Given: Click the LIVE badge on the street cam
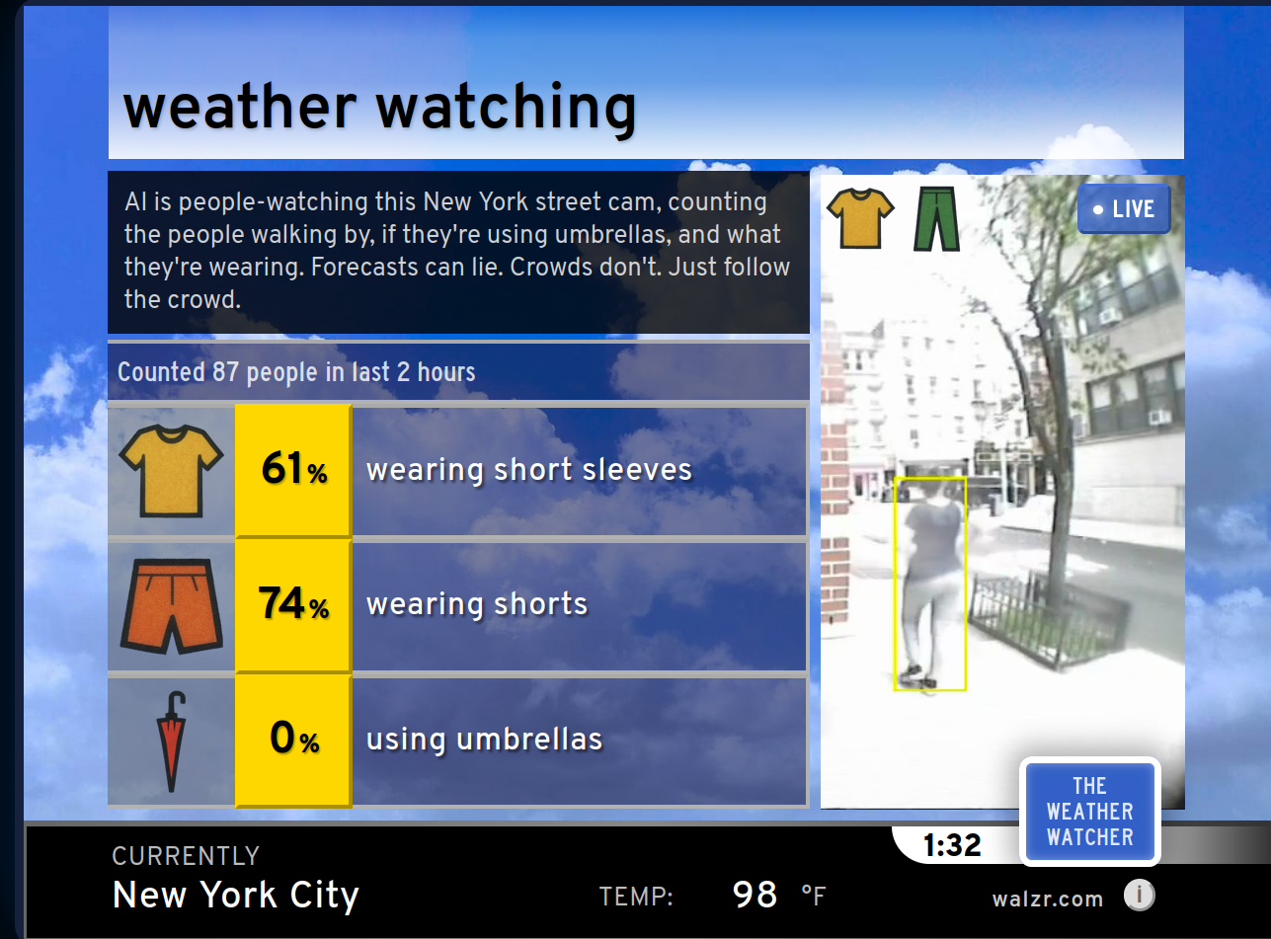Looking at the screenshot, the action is click(x=1123, y=209).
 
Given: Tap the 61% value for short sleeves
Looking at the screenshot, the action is click(x=294, y=469).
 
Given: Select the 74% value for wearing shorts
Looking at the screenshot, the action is click(x=293, y=603).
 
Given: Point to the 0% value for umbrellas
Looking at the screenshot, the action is click(x=294, y=738).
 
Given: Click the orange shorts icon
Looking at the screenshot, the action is click(x=171, y=606).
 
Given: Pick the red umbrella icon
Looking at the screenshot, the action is click(x=171, y=742).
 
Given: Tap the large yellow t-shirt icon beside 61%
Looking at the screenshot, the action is click(x=171, y=471).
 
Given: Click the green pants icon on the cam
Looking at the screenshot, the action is click(x=936, y=219).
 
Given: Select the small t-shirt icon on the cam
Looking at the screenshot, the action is click(x=860, y=218).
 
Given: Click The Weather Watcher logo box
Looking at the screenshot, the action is click(x=1090, y=812).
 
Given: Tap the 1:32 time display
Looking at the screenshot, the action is click(x=952, y=845).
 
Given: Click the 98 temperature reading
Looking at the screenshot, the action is click(x=755, y=895).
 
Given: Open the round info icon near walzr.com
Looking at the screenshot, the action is click(x=1139, y=895).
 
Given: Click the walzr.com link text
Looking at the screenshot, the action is click(x=1048, y=899).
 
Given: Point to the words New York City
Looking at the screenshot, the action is click(x=235, y=896).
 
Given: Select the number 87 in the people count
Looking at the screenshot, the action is click(x=225, y=372).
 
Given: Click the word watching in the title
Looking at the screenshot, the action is click(x=506, y=108).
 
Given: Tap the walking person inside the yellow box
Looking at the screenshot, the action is click(x=930, y=585).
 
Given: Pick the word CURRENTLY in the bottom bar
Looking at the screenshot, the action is click(x=186, y=856).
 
